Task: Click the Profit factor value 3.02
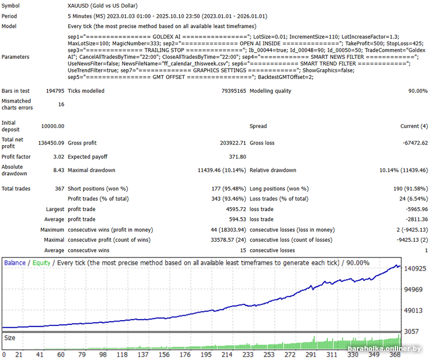click(x=57, y=157)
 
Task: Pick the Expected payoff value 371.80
click(x=235, y=157)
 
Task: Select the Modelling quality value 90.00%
click(x=416, y=91)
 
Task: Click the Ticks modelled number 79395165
click(x=231, y=91)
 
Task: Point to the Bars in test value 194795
click(x=53, y=91)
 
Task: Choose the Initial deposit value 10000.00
click(x=52, y=126)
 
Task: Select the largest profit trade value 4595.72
click(x=234, y=209)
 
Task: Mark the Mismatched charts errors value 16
click(x=60, y=104)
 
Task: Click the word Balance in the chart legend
click(x=15, y=263)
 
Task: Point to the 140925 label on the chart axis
click(x=415, y=268)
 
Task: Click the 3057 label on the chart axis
click(x=411, y=330)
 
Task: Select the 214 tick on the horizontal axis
click(x=227, y=355)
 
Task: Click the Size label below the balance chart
click(x=10, y=337)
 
